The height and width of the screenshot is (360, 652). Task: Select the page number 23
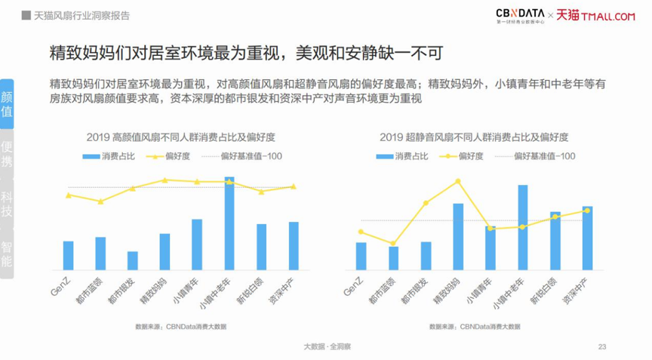click(601, 346)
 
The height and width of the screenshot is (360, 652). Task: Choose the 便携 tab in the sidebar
click(7, 154)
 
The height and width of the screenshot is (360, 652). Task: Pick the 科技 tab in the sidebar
click(7, 204)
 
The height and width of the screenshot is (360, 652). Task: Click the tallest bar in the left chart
click(229, 223)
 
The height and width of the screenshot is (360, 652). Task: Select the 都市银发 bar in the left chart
click(133, 260)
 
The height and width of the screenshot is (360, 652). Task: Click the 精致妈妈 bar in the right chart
click(458, 236)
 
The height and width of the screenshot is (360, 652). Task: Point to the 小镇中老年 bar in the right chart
click(522, 227)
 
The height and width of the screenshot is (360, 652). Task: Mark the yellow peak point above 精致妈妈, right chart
click(458, 181)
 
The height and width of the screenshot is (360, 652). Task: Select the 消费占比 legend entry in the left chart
click(109, 156)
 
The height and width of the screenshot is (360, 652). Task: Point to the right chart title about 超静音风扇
click(473, 137)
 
